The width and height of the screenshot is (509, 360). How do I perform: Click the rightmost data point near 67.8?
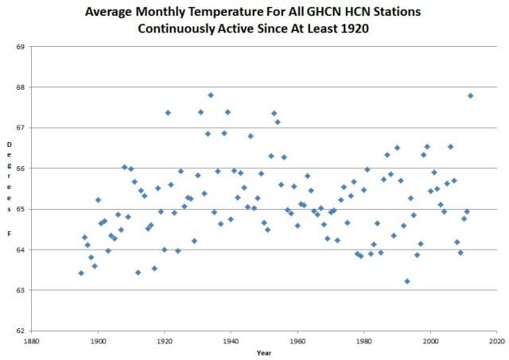point(470,95)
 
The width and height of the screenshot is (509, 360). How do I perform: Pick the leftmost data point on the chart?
point(81,273)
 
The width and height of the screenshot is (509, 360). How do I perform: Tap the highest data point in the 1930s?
point(211,95)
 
